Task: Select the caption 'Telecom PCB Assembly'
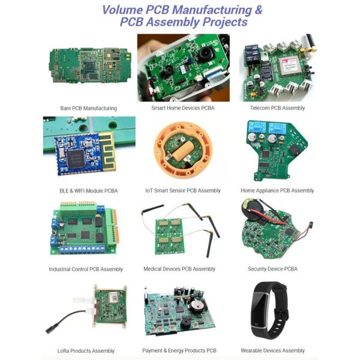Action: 277,108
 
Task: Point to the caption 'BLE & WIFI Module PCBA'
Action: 89,191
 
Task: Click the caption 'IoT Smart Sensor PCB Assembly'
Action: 183,191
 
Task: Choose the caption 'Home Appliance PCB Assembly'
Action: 277,191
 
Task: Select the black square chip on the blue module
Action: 76,155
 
